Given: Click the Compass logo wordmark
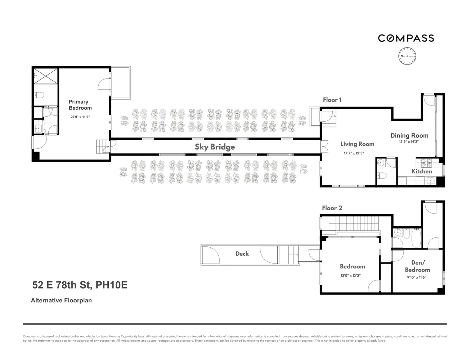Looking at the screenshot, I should tap(406, 38).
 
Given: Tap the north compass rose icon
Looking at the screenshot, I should tap(407, 57).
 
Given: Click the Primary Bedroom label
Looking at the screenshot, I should tap(80, 105).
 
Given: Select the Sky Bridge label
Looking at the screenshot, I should tap(215, 147).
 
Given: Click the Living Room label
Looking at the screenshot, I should tap(357, 144).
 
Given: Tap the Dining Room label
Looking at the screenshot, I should tap(409, 135).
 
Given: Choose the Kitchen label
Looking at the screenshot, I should tap(421, 171).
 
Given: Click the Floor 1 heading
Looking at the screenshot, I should tap(332, 100).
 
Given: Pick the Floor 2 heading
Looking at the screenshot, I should tap(332, 208).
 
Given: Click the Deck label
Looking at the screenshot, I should tap(242, 254).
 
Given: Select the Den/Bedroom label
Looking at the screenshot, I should tap(417, 266).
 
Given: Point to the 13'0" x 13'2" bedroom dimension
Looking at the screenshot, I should tap(350, 275).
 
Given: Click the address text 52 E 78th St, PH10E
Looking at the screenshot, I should tap(80, 285).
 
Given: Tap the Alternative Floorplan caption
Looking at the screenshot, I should tap(61, 300).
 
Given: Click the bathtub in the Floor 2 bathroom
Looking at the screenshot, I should tap(416, 238).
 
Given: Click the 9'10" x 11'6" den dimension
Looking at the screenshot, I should tap(417, 278).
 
